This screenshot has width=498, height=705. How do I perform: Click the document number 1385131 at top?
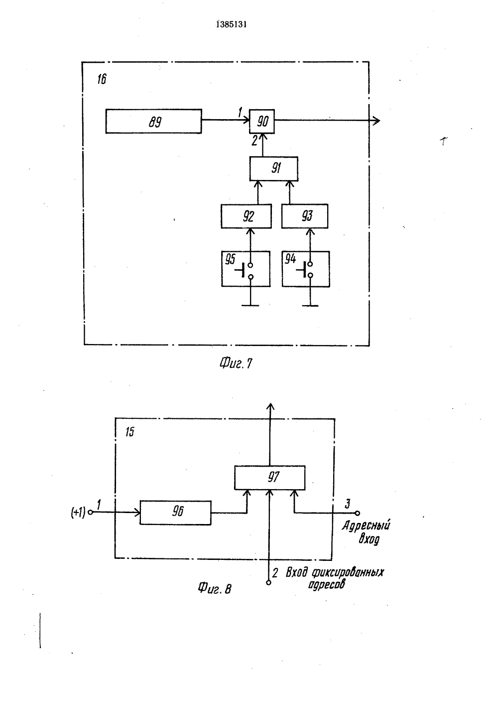coord(232,24)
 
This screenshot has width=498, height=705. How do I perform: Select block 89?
coord(153,121)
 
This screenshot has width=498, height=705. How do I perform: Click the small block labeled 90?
coord(262,121)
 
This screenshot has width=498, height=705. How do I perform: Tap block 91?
coord(274,169)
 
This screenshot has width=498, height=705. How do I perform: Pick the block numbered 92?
coord(246,216)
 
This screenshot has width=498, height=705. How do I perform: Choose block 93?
coord(305,216)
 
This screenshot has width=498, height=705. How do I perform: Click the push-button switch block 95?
coord(246,269)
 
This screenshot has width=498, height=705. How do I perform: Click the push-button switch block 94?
coord(306,269)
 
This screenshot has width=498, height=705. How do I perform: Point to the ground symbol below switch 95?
coord(250,305)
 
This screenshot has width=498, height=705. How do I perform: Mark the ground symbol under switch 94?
coord(310,305)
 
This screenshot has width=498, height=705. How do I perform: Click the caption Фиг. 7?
coord(236,363)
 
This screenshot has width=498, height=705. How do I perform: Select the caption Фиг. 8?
coord(215,588)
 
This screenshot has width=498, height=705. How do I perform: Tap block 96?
coord(175,513)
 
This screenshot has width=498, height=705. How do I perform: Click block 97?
coord(270,478)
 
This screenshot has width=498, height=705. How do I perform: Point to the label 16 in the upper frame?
coord(102,79)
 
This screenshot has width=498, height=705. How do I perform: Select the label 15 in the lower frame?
coord(129,432)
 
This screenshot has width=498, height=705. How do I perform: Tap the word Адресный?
coord(366,526)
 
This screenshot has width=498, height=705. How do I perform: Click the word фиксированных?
coord(348,572)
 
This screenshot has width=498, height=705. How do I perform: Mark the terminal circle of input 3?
coord(358,514)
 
